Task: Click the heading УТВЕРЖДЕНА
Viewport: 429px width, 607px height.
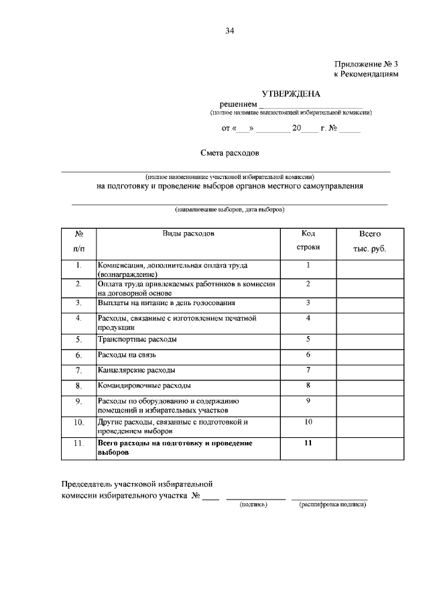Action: coord(291,94)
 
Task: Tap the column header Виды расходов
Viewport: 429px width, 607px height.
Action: coord(189,234)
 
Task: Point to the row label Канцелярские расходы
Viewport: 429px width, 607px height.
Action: coord(137,370)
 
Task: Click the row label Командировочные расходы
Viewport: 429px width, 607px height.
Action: coord(144,386)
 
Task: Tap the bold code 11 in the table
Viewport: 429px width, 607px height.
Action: coord(308,443)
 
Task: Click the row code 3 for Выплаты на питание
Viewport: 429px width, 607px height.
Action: coord(308,302)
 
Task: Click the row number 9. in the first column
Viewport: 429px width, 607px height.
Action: coord(78,402)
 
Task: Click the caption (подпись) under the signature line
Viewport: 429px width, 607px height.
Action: coord(253,504)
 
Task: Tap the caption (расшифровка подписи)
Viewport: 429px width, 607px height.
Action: coord(332,504)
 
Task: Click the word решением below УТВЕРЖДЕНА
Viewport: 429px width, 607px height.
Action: coord(238,105)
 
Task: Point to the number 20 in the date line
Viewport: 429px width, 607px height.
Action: coord(296,128)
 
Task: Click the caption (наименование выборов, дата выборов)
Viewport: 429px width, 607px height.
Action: coord(229,209)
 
